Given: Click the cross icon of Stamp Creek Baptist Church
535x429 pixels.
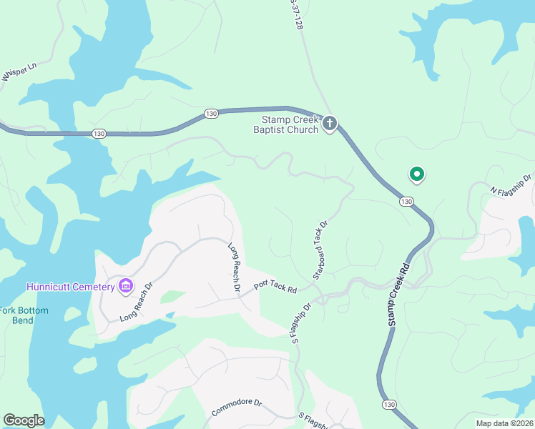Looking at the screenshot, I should (330, 123).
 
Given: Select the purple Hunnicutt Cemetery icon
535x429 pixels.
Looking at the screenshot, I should (126, 287).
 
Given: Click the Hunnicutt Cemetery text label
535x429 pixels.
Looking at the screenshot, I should (71, 287).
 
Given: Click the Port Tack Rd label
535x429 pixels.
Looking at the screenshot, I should (275, 286).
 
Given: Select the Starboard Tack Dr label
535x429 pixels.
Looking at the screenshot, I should (320, 250).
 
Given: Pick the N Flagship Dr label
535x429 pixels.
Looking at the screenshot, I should (511, 184).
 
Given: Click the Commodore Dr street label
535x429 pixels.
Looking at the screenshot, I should (237, 408).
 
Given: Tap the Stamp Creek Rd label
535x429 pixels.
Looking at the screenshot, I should (399, 295).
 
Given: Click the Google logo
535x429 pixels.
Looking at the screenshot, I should (24, 420).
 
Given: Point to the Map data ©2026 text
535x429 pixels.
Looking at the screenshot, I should (504, 423).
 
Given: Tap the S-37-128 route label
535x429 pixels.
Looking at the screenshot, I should (293, 14).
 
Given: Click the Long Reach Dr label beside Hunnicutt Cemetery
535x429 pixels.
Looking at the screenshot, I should (137, 301).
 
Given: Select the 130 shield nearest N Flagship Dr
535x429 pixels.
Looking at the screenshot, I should (406, 202).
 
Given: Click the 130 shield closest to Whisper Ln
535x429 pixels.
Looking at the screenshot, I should (99, 133).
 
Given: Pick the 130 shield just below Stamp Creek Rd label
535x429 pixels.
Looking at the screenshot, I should (386, 405).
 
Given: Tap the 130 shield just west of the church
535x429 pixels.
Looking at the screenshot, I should (210, 113).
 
